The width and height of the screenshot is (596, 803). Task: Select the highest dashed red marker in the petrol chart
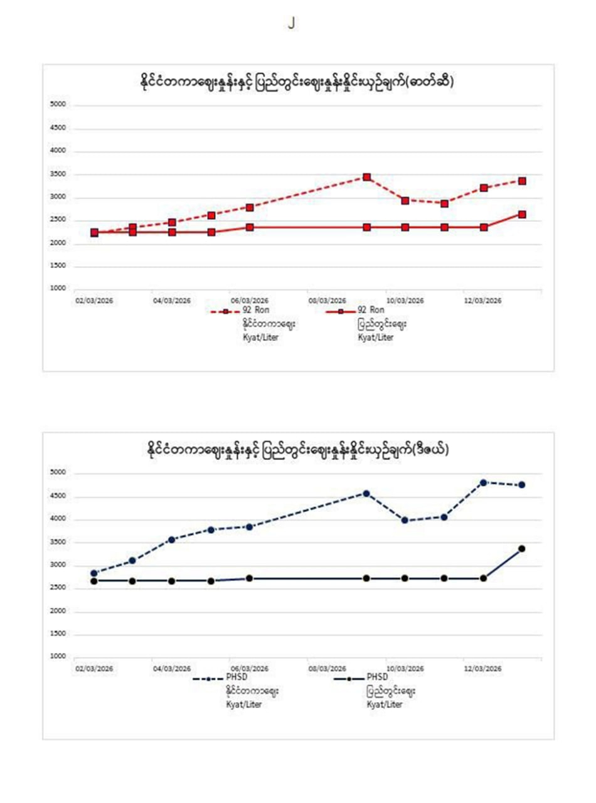tap(367, 178)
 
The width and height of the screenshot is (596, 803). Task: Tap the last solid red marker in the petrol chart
tap(522, 215)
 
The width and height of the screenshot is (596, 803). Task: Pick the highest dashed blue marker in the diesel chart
tap(483, 482)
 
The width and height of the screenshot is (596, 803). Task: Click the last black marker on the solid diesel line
tap(522, 549)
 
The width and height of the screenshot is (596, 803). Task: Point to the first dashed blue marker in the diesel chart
tap(94, 573)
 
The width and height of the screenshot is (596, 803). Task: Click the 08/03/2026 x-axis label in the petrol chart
tap(327, 300)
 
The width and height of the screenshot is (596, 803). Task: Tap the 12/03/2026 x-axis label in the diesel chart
tap(482, 669)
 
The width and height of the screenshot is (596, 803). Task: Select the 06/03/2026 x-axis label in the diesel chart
tap(249, 669)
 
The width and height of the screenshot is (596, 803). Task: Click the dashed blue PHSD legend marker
tap(208, 679)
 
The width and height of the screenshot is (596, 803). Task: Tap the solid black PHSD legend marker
tap(349, 679)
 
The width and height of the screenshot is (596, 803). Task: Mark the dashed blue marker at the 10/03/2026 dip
tap(405, 520)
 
